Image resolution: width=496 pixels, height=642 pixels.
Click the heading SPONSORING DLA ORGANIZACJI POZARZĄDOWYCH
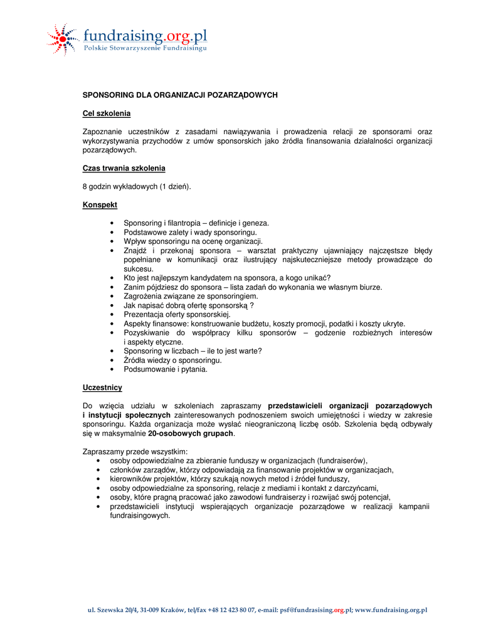click(180, 95)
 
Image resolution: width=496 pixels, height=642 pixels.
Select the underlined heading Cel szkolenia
click(107, 113)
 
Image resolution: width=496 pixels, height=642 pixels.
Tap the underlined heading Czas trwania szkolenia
click(124, 168)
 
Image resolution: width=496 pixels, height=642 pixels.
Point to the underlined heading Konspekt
click(100, 204)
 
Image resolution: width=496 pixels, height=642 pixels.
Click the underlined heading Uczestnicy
click(102, 387)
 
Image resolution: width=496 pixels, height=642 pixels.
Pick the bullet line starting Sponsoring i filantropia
click(196, 223)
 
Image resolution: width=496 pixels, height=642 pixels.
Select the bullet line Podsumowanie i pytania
click(165, 369)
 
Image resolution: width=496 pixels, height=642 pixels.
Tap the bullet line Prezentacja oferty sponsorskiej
click(177, 314)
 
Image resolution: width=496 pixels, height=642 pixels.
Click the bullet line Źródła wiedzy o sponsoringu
click(172, 360)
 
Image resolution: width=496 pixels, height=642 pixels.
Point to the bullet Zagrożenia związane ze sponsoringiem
click(191, 296)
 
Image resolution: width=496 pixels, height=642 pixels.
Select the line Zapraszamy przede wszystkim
click(135, 451)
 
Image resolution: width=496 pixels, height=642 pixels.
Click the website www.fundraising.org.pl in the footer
click(391, 609)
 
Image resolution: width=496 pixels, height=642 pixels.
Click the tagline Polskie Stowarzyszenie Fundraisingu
click(145, 48)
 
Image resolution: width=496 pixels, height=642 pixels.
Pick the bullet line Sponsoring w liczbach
click(193, 351)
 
